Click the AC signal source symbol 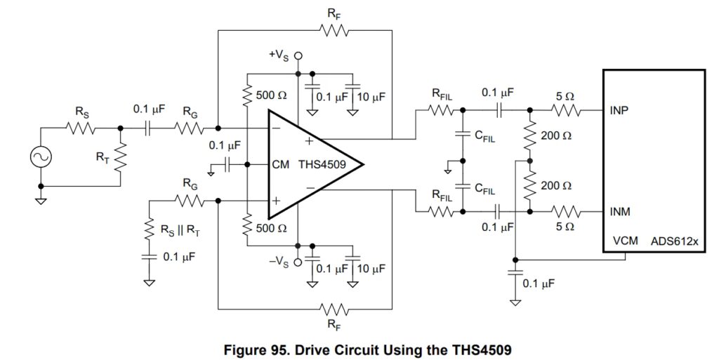[x=40, y=157]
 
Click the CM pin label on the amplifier [x=281, y=165]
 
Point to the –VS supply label [x=281, y=262]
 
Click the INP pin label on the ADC [x=620, y=110]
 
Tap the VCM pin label [x=625, y=241]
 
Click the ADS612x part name [x=675, y=241]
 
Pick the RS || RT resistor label [x=183, y=228]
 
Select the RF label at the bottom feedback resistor [x=334, y=324]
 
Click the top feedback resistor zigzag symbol [x=334, y=30]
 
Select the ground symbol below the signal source [x=40, y=199]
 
